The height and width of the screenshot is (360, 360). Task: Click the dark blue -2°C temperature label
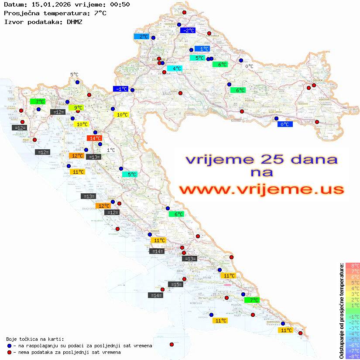pos(188,31)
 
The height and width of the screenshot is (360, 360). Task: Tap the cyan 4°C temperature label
pos(175,69)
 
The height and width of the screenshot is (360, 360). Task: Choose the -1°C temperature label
pos(120,89)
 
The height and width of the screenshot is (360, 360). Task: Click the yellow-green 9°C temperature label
pos(76,108)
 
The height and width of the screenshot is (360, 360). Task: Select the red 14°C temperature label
pos(93,138)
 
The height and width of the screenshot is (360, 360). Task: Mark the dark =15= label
pos(175,285)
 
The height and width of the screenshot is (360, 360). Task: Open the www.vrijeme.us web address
pos(261,189)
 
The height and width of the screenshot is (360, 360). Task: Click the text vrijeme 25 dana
pos(261,159)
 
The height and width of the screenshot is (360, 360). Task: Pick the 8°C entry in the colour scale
pos(353,265)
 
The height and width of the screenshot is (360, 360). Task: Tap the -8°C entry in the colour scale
pos(353,356)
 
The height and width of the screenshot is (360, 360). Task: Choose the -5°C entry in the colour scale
pos(353,339)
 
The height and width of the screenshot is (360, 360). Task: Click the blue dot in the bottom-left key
pos(9,346)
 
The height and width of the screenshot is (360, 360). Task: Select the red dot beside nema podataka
pos(9,352)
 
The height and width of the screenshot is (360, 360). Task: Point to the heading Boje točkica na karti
pos(35,339)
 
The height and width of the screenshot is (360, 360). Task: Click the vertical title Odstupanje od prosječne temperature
pos(341,311)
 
